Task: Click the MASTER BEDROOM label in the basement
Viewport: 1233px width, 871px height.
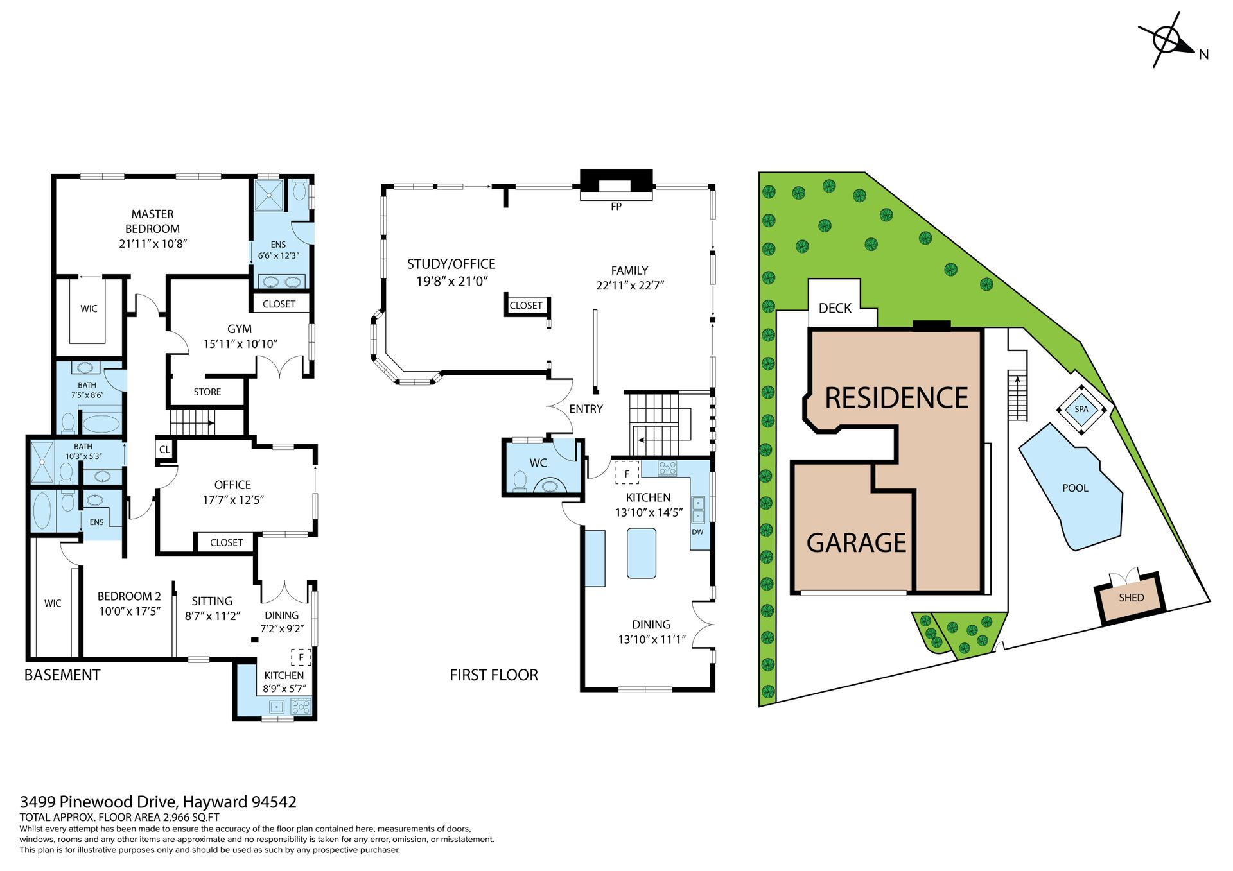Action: [152, 221]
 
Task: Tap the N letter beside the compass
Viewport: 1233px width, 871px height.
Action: [1203, 55]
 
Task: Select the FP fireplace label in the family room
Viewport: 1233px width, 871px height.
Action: [616, 207]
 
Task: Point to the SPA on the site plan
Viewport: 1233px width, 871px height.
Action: [1081, 409]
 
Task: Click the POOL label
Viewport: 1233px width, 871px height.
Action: [1075, 488]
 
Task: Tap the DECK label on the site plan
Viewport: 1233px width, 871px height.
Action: [835, 308]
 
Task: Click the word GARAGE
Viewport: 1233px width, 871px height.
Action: [856, 543]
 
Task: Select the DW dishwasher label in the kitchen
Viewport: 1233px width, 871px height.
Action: [697, 532]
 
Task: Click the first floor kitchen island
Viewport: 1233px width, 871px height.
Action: [642, 553]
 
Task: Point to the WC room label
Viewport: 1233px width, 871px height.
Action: [538, 463]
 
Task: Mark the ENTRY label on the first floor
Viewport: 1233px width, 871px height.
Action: [586, 409]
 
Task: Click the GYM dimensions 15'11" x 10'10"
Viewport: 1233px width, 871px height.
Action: [240, 344]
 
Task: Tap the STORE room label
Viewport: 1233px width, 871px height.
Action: [207, 392]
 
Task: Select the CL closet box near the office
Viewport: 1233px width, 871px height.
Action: [165, 449]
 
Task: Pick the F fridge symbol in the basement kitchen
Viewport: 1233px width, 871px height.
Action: [301, 657]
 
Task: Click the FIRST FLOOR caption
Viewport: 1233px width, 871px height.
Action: [494, 675]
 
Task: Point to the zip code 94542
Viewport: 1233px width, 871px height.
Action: [274, 802]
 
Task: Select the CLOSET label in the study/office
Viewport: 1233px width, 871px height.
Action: [526, 306]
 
